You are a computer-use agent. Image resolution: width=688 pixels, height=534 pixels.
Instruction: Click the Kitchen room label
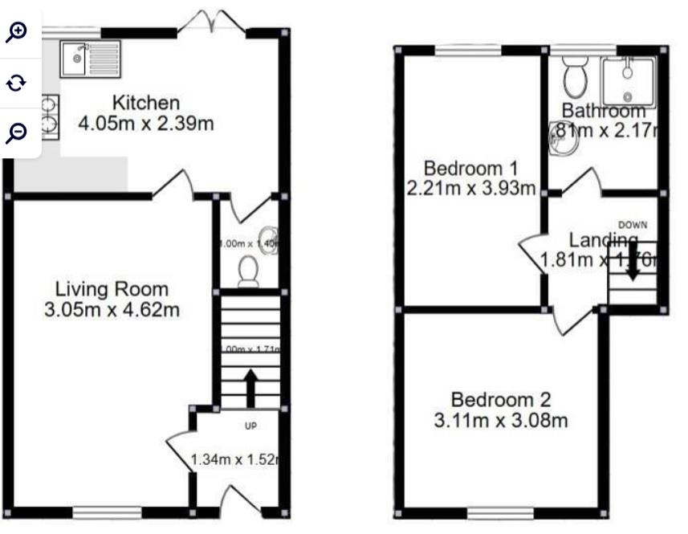click(145, 104)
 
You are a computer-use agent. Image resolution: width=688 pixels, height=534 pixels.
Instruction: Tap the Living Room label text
click(112, 289)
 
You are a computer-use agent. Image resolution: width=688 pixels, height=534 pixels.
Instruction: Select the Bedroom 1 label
click(470, 169)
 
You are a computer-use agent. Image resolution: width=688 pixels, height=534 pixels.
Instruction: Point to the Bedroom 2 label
click(502, 399)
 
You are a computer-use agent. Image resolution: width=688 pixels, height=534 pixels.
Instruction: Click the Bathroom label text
click(603, 111)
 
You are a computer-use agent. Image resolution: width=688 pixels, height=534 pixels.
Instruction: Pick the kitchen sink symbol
click(91, 55)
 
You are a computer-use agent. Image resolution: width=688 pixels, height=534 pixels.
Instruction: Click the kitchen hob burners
click(50, 116)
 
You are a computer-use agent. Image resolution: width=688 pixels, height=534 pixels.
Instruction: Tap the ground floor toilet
click(248, 271)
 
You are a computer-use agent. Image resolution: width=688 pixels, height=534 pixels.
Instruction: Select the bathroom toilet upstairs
click(576, 76)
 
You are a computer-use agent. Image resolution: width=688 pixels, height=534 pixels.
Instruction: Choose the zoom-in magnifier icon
click(17, 31)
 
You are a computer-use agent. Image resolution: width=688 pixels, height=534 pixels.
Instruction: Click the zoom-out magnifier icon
click(17, 132)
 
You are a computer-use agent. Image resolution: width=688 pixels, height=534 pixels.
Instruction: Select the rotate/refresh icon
click(17, 82)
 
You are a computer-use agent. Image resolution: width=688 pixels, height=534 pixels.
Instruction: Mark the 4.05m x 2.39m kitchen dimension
click(145, 124)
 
